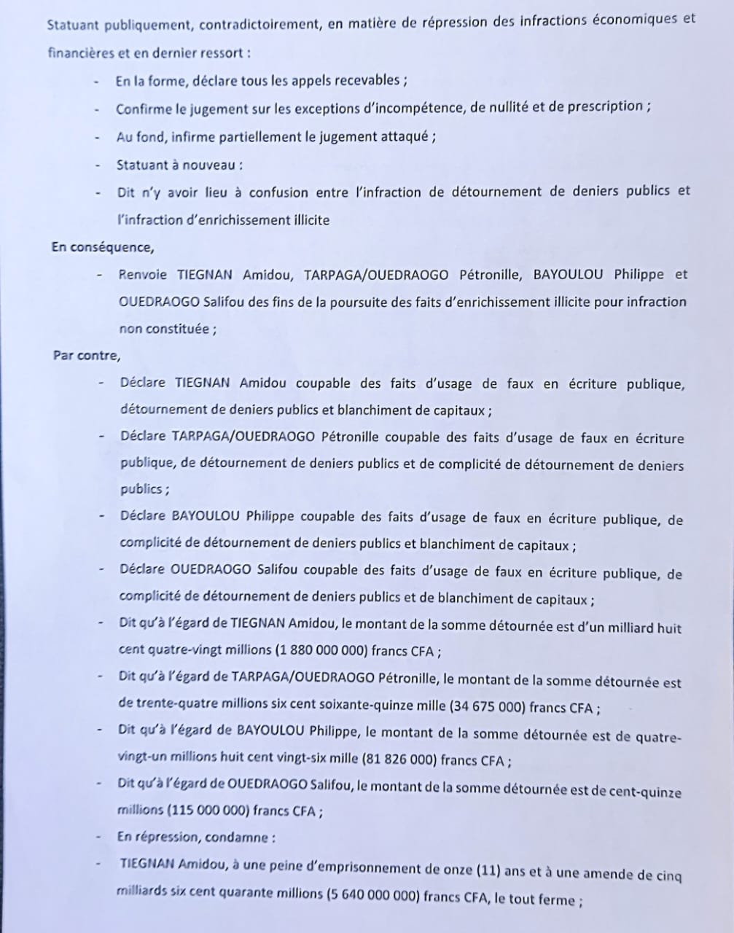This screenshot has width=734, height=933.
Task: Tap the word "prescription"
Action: click(602, 106)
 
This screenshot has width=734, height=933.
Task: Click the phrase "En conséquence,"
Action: click(102, 246)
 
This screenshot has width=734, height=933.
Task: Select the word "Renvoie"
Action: click(143, 275)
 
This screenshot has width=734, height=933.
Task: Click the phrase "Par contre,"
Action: click(87, 356)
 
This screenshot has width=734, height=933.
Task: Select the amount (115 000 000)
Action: click(212, 811)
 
